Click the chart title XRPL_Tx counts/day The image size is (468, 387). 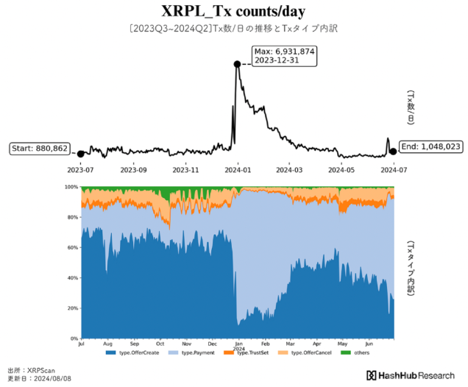coord(234,12)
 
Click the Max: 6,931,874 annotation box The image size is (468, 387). coord(284,55)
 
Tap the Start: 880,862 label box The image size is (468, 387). coord(40,149)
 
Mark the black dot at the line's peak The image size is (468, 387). coord(237,64)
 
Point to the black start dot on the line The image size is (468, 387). coord(80,152)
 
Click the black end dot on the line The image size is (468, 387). coord(394,152)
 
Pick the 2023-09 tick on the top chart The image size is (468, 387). coord(133,168)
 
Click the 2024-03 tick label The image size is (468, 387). coord(289,168)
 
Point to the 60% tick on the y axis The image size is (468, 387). coord(71,248)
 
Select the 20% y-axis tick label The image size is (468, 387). coord(71,308)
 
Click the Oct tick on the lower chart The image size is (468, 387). coord(160,344)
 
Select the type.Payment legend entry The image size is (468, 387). coord(194,353)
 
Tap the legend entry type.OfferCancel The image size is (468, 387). coord(305,353)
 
